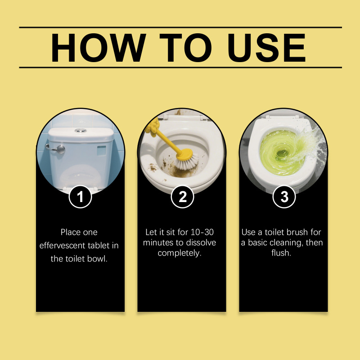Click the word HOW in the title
click(99, 48)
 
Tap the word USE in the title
click(266, 48)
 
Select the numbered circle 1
click(80, 197)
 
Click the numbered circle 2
click(182, 197)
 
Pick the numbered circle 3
click(284, 197)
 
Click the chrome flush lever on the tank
click(56, 149)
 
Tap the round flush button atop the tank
click(81, 130)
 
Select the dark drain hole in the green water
click(282, 153)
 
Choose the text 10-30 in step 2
click(202, 232)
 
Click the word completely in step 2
click(179, 253)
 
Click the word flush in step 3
click(281, 253)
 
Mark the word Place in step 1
click(69, 232)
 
